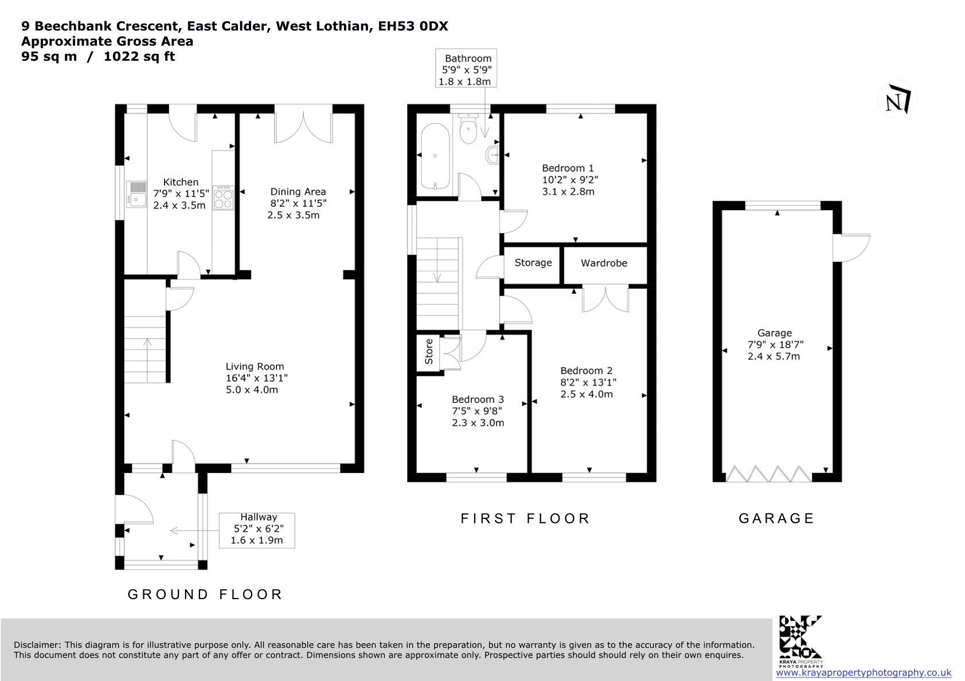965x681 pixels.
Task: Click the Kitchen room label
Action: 181,182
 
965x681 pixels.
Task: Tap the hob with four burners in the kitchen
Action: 223,198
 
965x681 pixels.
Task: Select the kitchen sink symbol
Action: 136,194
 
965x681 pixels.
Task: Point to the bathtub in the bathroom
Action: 435,156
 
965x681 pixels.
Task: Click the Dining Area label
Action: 298,191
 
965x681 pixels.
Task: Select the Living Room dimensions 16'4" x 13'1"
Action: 256,378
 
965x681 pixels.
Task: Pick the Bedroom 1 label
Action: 568,168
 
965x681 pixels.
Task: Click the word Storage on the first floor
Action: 533,262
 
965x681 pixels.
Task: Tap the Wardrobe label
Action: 604,263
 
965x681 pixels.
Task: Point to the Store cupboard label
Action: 429,352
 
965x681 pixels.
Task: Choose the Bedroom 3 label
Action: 478,399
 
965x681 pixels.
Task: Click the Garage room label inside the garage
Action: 775,333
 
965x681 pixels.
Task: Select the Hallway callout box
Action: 257,530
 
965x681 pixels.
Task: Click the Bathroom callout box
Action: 466,68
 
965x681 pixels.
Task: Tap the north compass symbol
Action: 897,100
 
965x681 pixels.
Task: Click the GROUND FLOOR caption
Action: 205,594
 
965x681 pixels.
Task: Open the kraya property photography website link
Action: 864,672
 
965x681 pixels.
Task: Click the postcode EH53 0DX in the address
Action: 413,26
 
